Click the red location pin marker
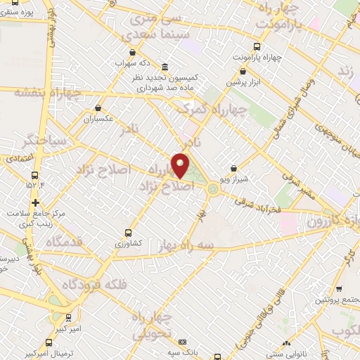coord(181,165)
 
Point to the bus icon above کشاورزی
coord(128,232)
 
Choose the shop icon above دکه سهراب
coord(132,52)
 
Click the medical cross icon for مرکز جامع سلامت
coord(34,202)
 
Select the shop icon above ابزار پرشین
coord(243,71)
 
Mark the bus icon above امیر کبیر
coord(68,318)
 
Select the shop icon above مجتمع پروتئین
coord(340,289)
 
